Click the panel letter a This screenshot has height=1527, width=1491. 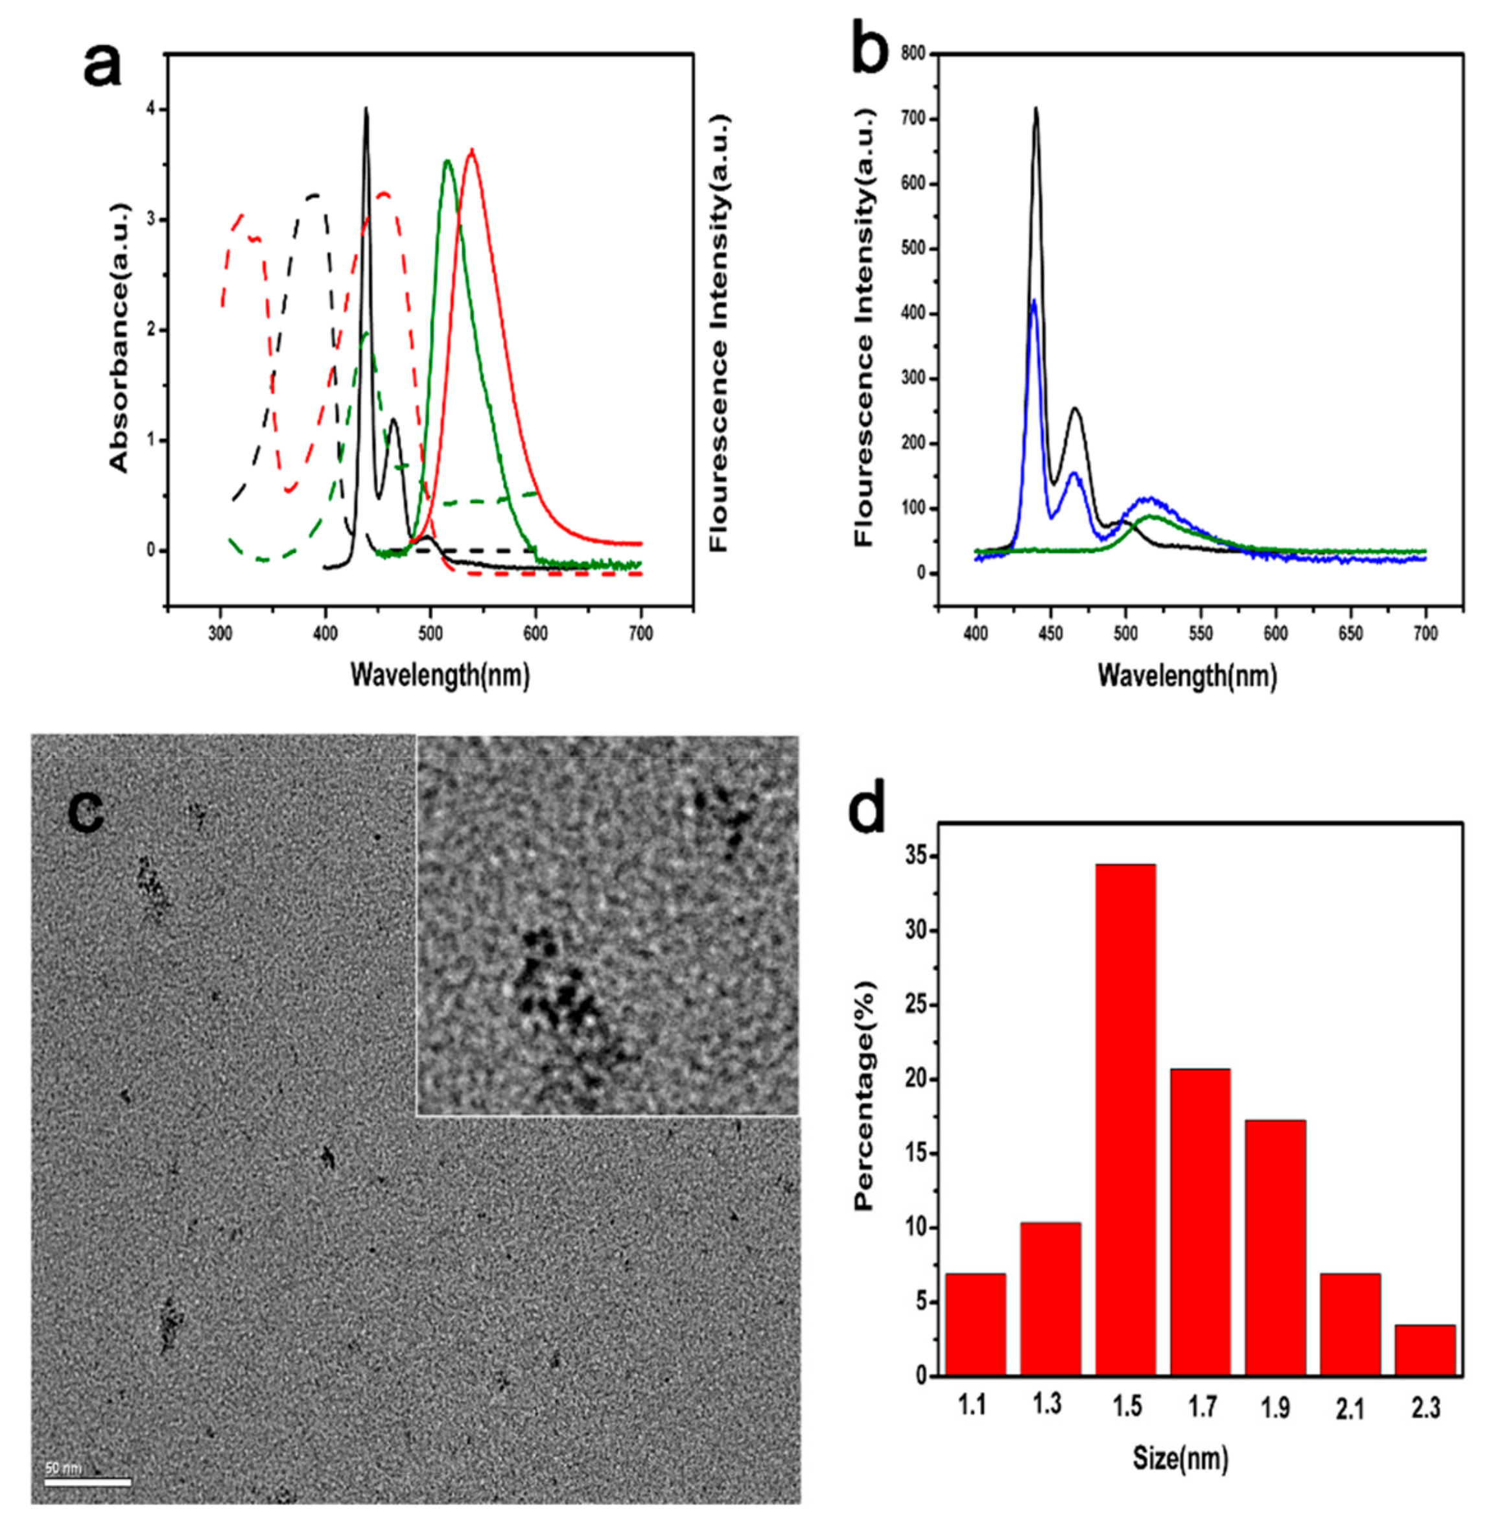click(102, 67)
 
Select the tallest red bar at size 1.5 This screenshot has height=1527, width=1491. click(1125, 1120)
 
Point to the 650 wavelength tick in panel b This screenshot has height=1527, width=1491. click(1350, 633)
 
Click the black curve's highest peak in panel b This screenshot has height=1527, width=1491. click(1036, 109)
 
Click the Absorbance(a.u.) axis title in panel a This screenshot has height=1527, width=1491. click(119, 338)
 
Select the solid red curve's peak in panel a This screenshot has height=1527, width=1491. click(471, 150)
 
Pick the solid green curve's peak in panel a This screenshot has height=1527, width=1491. click(447, 161)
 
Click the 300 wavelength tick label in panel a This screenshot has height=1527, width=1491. click(220, 633)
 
